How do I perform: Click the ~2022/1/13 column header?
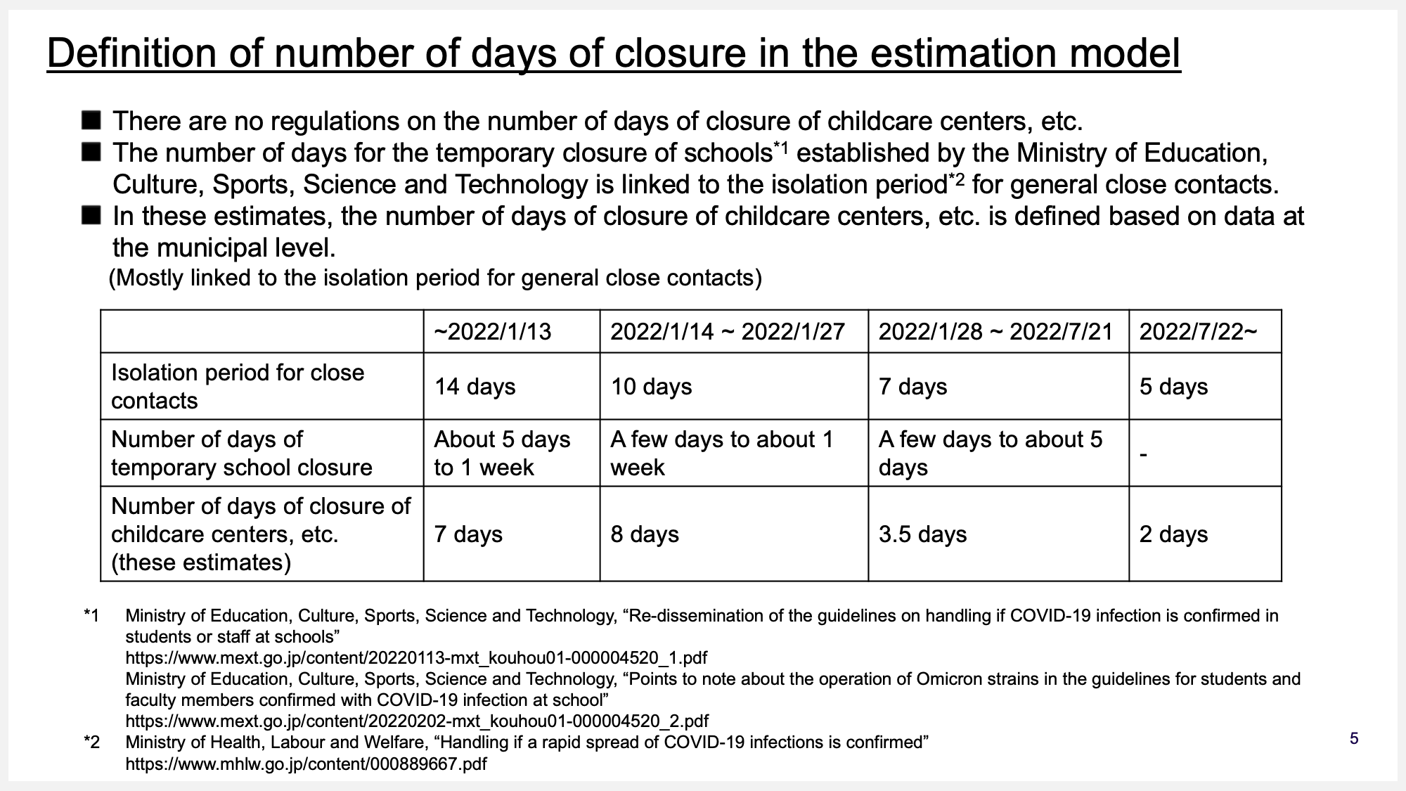[x=493, y=332]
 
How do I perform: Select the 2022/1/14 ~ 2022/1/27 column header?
[x=727, y=332]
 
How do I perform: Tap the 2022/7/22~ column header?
[x=1198, y=332]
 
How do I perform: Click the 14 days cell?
[x=475, y=387]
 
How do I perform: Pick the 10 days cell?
[x=651, y=387]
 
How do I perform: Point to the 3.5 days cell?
[x=922, y=534]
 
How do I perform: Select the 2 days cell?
[x=1173, y=534]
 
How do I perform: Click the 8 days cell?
[x=645, y=534]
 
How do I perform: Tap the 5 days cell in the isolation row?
[x=1173, y=387]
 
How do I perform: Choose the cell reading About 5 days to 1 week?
[x=502, y=454]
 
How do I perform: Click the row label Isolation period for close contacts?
[x=238, y=387]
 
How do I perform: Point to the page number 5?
[x=1354, y=739]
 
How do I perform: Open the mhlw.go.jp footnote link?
[x=306, y=764]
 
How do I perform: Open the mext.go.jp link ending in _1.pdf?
[x=416, y=658]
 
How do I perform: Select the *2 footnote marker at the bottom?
[x=91, y=742]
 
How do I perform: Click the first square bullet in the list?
[x=91, y=120]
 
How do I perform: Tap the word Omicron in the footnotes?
[x=946, y=679]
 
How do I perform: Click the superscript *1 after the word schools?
[x=781, y=146]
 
